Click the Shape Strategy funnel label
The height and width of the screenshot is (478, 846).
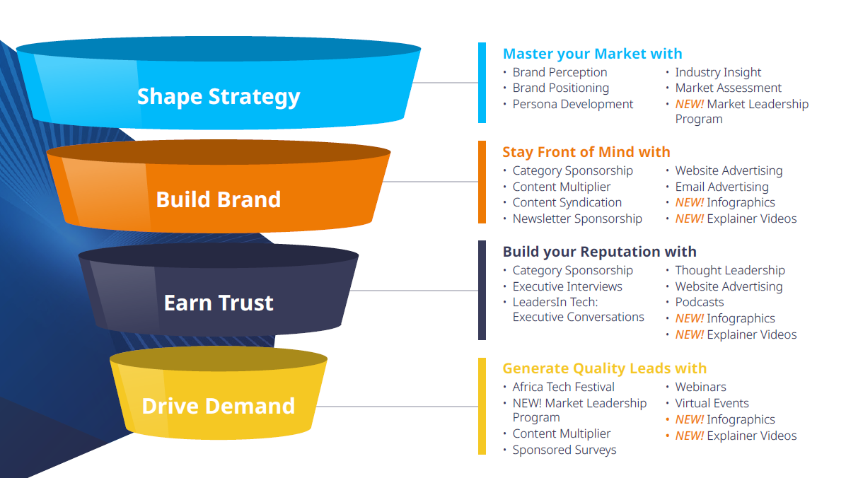(219, 97)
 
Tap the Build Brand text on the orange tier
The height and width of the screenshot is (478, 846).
(219, 199)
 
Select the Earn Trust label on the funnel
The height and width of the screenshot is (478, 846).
(219, 303)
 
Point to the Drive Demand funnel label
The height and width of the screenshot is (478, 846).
(219, 406)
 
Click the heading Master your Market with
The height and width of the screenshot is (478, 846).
(592, 54)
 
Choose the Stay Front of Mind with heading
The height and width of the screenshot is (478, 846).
(586, 152)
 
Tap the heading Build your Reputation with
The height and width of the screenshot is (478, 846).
(599, 252)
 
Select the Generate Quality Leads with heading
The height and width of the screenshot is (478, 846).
(604, 368)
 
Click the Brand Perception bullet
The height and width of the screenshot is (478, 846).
(560, 72)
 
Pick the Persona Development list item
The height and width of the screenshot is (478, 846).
(572, 104)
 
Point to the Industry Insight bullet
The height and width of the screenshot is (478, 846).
(718, 72)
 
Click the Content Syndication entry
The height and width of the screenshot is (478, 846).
(567, 202)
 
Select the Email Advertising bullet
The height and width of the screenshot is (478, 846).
(722, 187)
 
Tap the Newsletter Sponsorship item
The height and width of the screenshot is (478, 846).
(577, 218)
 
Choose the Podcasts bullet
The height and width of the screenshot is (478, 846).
(700, 302)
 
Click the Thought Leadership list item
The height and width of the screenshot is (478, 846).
(730, 270)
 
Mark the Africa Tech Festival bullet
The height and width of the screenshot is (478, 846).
(563, 387)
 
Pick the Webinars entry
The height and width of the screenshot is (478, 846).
(700, 387)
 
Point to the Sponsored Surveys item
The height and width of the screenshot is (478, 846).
(564, 450)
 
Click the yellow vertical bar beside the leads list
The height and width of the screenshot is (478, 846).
(482, 406)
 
